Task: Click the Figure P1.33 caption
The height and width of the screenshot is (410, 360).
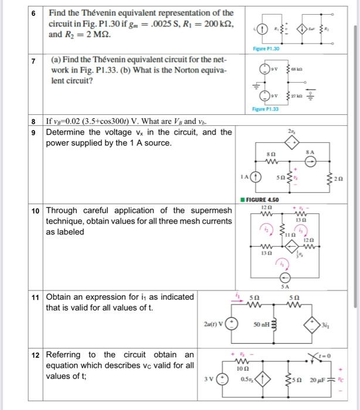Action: pyautogui.click(x=264, y=109)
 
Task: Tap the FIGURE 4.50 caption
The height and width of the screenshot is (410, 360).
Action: pyautogui.click(x=266, y=200)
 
